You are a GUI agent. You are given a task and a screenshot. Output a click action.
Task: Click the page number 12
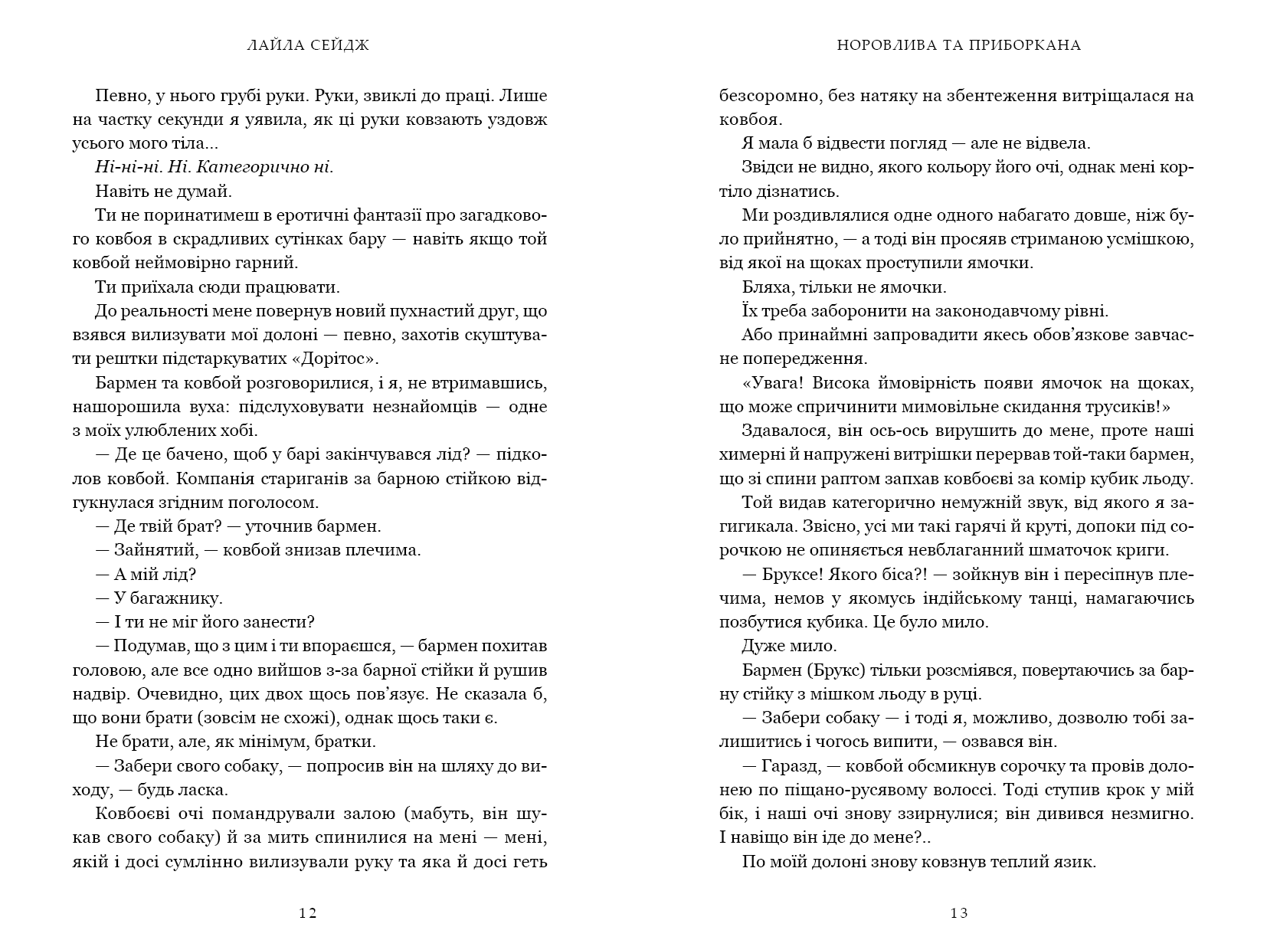click(308, 912)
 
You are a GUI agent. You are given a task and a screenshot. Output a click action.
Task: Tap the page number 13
click(958, 912)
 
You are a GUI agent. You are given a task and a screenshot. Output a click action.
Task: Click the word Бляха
click(767, 287)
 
